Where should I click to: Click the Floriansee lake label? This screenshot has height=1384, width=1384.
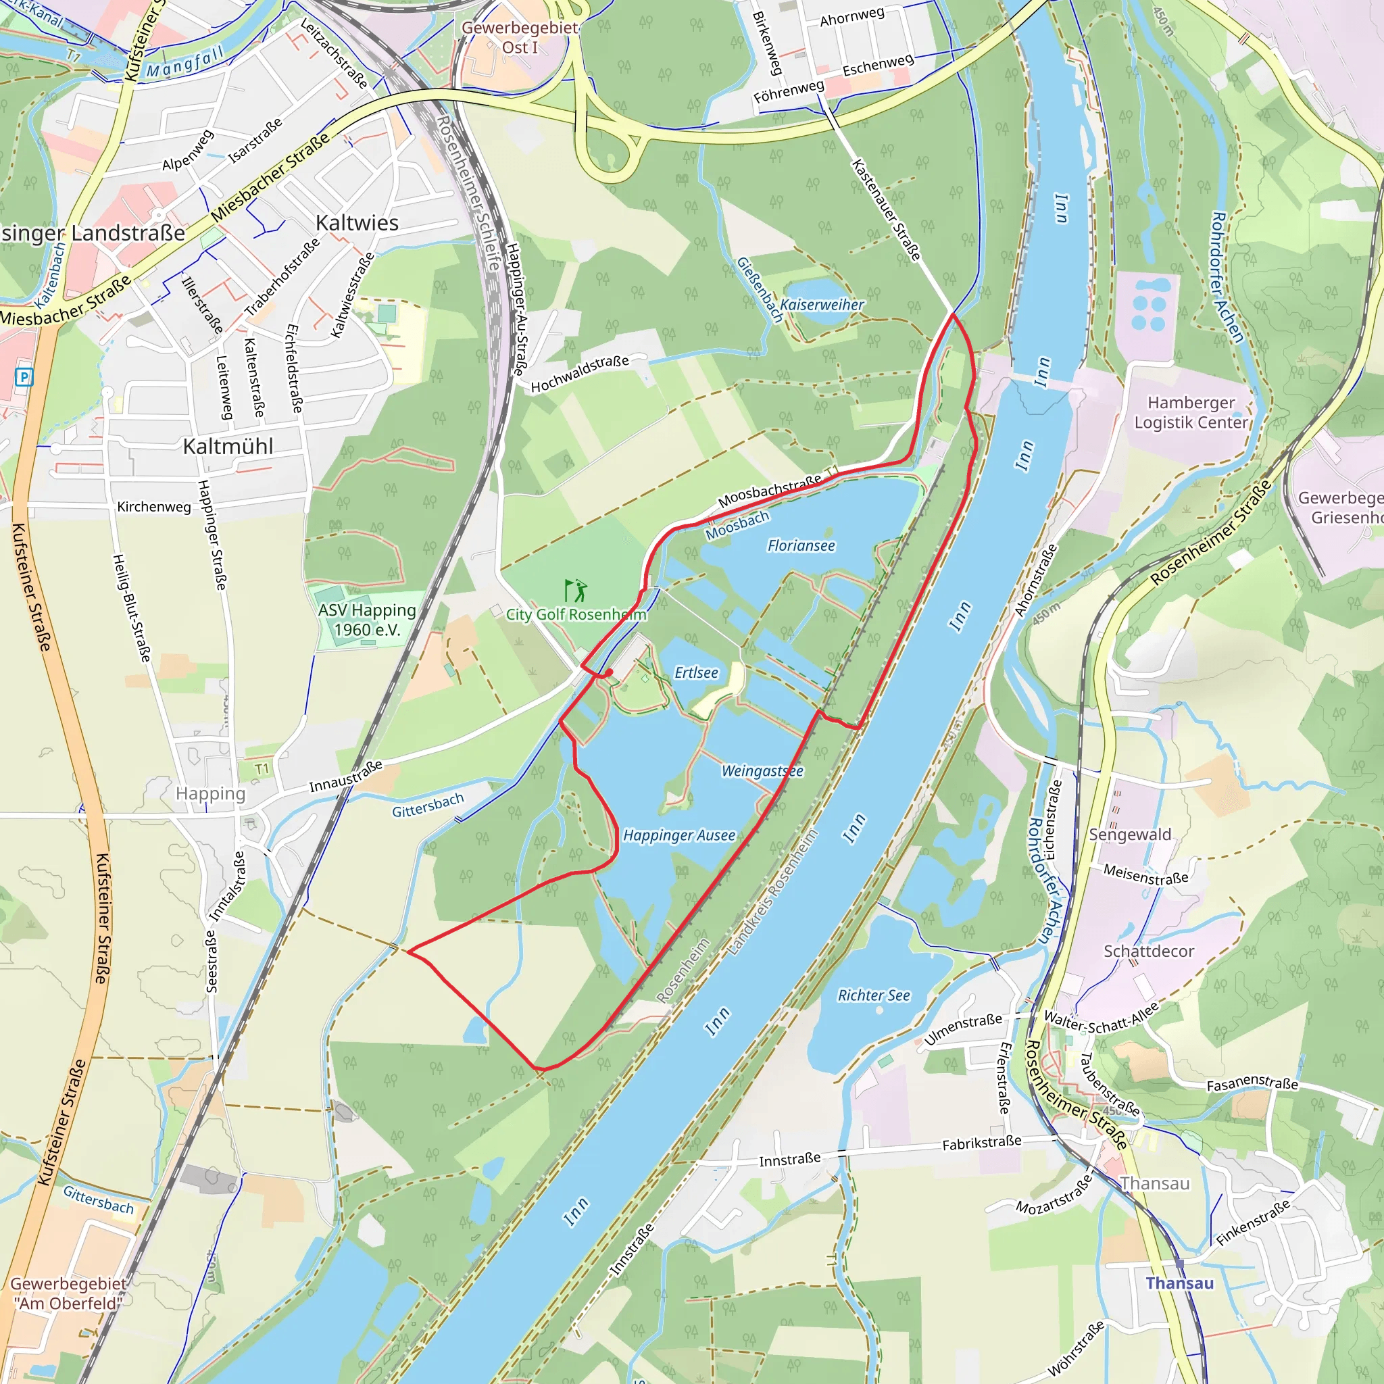click(801, 546)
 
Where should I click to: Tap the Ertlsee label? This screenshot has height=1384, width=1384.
click(696, 672)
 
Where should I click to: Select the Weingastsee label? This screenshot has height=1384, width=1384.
click(762, 771)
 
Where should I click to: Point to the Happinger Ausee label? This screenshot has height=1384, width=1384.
click(679, 835)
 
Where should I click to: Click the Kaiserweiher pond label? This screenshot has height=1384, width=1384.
click(822, 305)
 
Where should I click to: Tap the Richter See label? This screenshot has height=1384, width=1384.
click(874, 995)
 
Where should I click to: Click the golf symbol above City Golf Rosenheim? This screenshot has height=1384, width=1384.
click(576, 591)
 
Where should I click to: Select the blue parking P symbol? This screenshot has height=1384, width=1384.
click(24, 377)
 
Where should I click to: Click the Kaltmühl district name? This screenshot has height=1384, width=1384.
click(228, 446)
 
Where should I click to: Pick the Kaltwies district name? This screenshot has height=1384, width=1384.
click(357, 223)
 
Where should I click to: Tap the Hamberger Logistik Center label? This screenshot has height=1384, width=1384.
click(1191, 413)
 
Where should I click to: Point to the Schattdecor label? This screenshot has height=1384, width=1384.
click(1148, 951)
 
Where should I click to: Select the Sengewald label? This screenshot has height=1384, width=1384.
click(1130, 835)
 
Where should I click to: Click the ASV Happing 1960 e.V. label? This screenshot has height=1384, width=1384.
click(367, 620)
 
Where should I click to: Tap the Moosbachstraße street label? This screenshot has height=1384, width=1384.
click(770, 491)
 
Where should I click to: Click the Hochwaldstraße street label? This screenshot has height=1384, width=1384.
click(580, 374)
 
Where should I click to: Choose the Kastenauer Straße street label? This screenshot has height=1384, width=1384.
click(886, 210)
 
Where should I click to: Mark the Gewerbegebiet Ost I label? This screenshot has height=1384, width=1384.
click(520, 37)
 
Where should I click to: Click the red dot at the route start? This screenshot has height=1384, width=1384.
click(608, 672)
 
